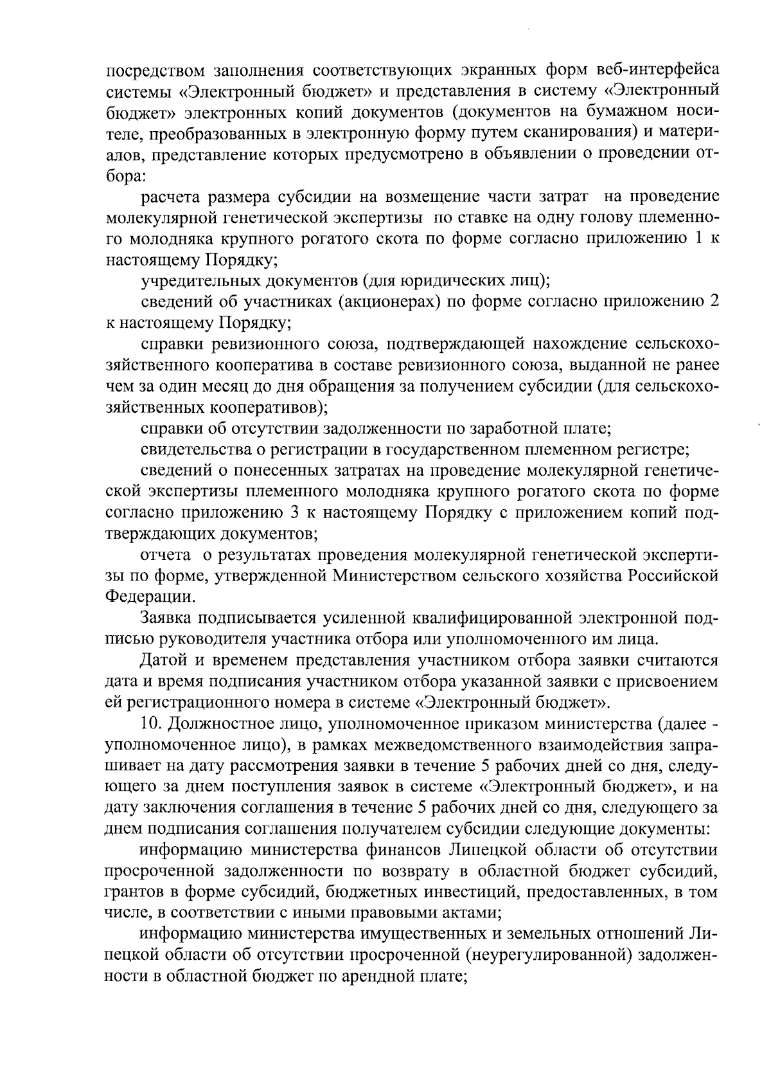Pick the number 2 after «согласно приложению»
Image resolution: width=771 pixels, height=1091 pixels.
click(x=714, y=302)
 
